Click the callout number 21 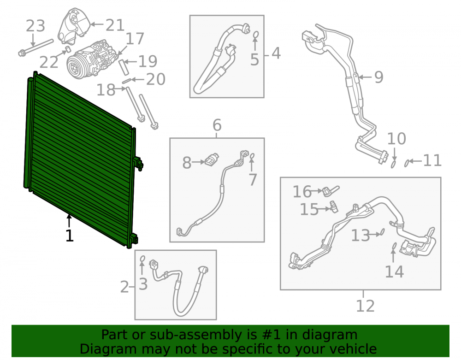pos(115,25)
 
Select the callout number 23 pos(35,26)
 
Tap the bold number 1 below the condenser pos(70,236)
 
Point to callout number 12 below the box pos(366,306)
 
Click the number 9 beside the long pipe pos(379,77)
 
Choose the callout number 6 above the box pos(217,125)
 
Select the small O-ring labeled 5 pos(256,35)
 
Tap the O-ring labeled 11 pos(407,163)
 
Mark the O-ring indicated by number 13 pos(382,232)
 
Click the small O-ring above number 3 pos(142,259)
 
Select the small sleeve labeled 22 pos(68,48)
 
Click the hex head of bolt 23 pos(22,53)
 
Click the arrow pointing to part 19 pos(130,62)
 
